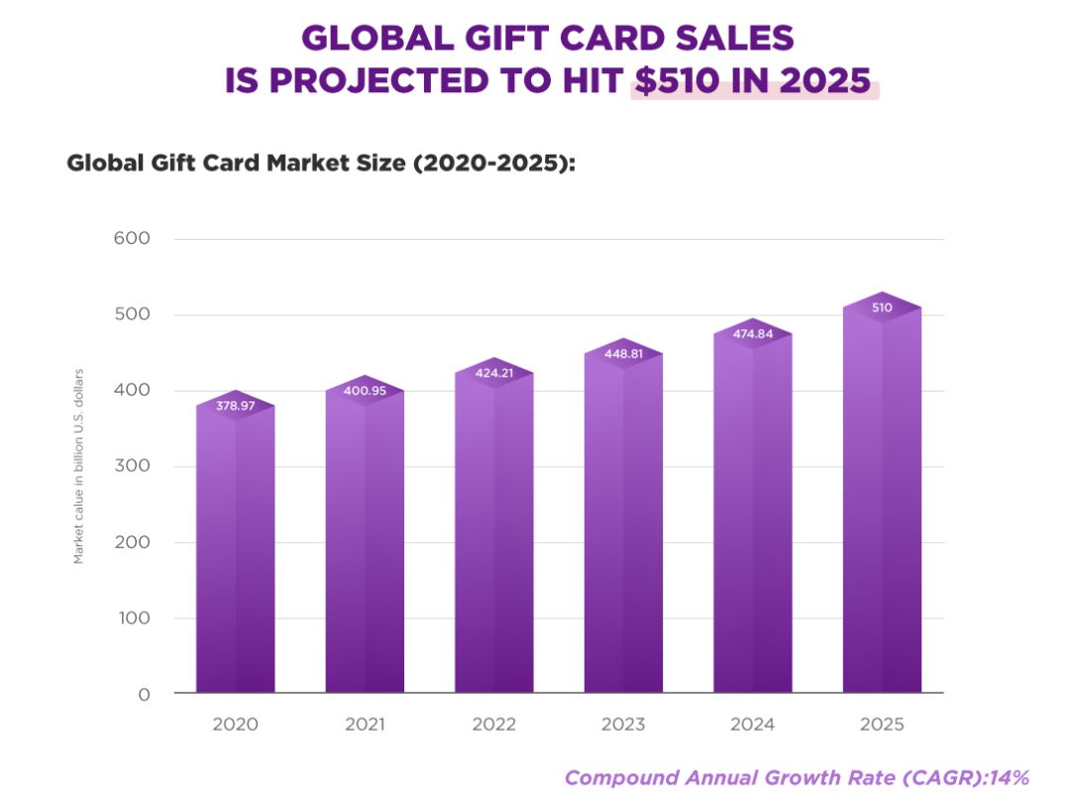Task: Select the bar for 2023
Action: (x=623, y=525)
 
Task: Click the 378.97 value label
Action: (x=235, y=406)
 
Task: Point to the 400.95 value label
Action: (x=365, y=391)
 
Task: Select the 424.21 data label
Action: (x=493, y=374)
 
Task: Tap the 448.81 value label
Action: (x=623, y=354)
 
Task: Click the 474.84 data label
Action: (x=752, y=334)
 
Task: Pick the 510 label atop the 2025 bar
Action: (x=882, y=307)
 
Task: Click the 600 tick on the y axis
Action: (x=131, y=239)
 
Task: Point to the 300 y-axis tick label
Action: (x=131, y=467)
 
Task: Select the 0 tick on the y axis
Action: (x=145, y=695)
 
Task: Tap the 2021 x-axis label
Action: (x=365, y=725)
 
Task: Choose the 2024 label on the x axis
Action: (x=752, y=725)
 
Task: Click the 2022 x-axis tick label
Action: (x=493, y=725)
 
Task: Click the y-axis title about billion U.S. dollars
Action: (x=78, y=466)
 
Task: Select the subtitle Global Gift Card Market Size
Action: (x=320, y=164)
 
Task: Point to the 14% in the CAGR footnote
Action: (x=1009, y=777)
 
